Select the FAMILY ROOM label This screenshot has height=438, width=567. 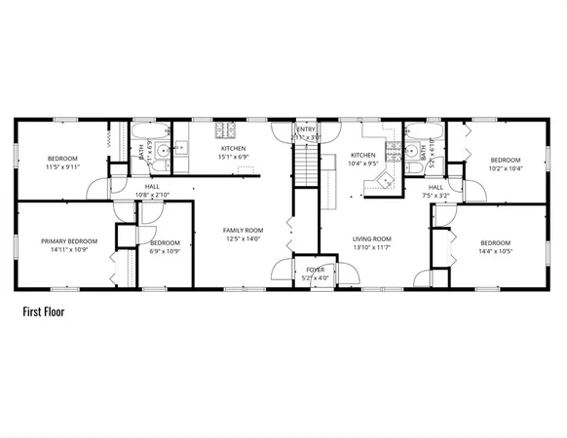tap(243, 230)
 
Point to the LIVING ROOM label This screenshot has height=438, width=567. tap(371, 238)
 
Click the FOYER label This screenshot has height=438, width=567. tap(315, 270)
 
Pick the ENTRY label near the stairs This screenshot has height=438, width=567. tap(306, 129)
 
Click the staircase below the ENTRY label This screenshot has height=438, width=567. tap(307, 161)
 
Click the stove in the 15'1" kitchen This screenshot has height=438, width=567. tap(226, 130)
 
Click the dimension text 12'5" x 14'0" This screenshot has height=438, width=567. tap(243, 238)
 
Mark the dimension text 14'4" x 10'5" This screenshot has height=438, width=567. tap(495, 251)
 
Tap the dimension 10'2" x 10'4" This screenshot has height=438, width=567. tap(506, 168)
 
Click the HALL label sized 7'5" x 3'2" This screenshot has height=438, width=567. tap(435, 187)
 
